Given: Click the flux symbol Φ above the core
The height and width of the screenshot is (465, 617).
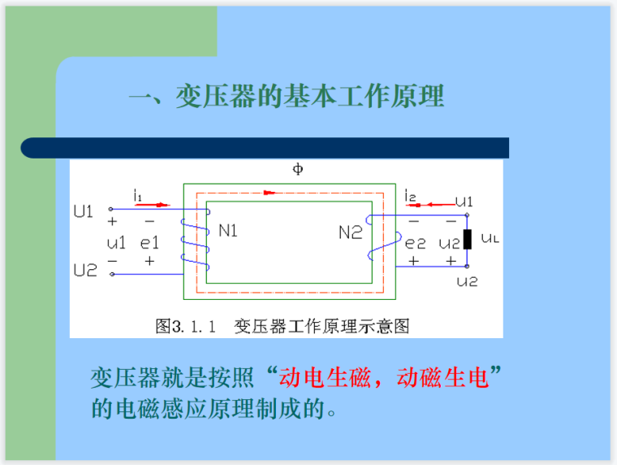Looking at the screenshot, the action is (298, 169).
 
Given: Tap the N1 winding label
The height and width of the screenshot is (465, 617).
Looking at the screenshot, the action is (228, 231).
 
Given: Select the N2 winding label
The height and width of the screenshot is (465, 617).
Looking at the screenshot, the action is (350, 232).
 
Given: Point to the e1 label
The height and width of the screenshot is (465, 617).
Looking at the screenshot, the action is (149, 243).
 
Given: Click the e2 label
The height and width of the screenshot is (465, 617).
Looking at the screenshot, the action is (415, 243).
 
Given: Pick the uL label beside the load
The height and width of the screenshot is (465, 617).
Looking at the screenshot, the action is (490, 238).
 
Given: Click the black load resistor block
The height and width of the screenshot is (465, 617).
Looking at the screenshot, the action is (467, 239).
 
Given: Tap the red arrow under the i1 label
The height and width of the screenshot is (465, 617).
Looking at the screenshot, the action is (153, 205).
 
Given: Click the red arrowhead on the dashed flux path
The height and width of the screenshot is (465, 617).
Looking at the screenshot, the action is (270, 193).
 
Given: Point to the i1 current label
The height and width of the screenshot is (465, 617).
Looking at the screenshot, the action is (137, 195).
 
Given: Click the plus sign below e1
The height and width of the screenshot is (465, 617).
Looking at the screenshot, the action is (149, 261).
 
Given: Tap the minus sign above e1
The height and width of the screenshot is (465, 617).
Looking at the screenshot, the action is (149, 221).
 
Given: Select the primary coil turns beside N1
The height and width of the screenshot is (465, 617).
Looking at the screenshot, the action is (196, 241).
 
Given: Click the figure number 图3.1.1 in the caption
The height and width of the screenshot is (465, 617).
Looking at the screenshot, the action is (185, 326).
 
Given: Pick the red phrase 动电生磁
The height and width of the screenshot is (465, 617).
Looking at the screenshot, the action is (325, 377).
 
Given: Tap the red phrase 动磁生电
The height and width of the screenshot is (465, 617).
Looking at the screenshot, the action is (442, 377).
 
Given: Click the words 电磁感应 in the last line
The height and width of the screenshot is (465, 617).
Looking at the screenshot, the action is (162, 408).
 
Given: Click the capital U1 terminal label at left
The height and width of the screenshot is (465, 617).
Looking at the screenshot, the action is (84, 211).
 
